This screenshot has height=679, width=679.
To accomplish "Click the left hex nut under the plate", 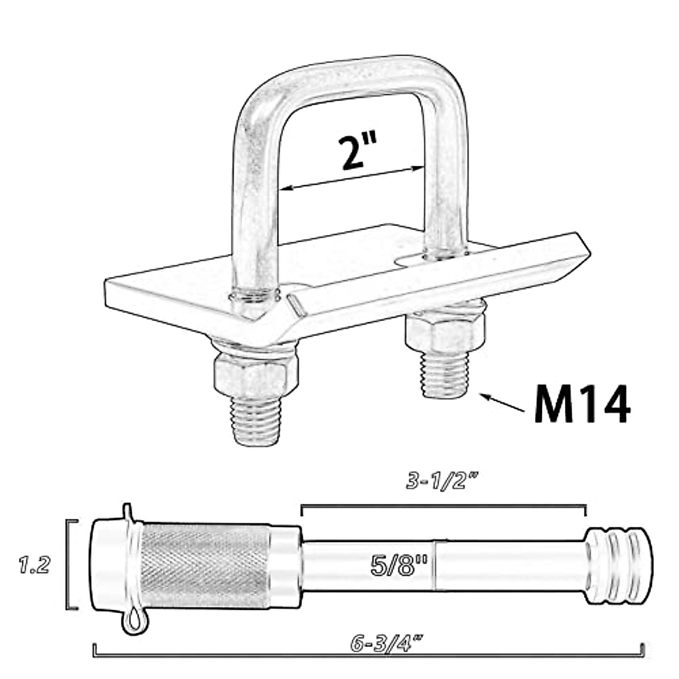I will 255,376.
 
